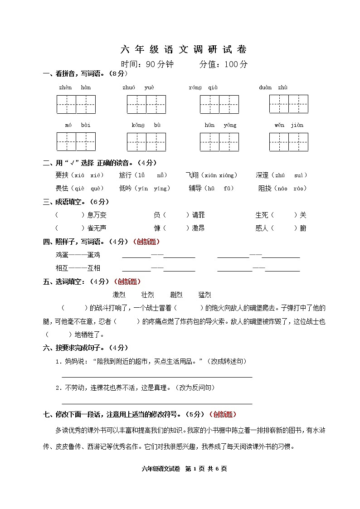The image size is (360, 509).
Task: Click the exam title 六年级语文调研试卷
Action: tap(184, 49)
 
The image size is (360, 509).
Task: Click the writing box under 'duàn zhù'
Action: tap(288, 104)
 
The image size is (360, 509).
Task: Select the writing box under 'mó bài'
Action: tap(76, 141)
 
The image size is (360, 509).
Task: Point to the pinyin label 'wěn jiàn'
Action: tap(289, 125)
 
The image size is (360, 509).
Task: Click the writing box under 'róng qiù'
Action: tap(219, 104)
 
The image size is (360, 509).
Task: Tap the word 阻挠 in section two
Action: tap(264, 189)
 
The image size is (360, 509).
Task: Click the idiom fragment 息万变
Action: tap(97, 215)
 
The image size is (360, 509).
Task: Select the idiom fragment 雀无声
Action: tap(97, 228)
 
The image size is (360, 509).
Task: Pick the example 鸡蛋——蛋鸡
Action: tap(78, 255)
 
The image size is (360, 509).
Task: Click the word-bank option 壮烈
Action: tap(148, 295)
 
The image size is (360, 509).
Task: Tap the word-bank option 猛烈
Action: tap(204, 295)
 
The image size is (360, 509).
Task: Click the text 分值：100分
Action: tap(224, 64)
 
